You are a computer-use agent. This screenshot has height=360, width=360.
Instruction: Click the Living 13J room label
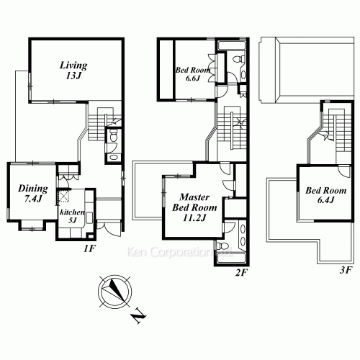coord(73,70)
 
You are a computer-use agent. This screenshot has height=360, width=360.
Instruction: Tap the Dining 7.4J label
coord(33,193)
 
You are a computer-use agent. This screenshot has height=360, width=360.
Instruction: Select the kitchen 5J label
coord(72,216)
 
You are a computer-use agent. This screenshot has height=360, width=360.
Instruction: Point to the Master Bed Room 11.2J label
coord(194,207)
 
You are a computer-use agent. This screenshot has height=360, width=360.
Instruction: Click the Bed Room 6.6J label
coord(193,74)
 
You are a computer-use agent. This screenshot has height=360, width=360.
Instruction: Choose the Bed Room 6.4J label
coord(325,195)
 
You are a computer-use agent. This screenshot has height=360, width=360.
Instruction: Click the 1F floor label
coord(89,248)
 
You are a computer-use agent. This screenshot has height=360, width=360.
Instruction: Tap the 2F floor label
coord(241,273)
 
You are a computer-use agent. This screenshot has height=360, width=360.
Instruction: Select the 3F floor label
coord(346,271)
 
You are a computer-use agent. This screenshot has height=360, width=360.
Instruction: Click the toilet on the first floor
coord(112,135)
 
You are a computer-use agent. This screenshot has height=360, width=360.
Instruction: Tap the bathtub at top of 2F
coord(231,45)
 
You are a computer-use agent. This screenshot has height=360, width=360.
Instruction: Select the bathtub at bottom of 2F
coord(231,258)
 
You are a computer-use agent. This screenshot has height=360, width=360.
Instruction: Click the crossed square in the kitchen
coord(64,197)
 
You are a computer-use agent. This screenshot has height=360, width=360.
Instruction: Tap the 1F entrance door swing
coord(111,229)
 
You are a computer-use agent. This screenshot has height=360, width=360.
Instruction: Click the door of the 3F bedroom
coord(345,171)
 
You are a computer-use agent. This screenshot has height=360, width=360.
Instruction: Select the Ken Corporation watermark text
coord(179,252)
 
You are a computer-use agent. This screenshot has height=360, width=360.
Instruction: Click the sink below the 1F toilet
coord(112,158)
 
